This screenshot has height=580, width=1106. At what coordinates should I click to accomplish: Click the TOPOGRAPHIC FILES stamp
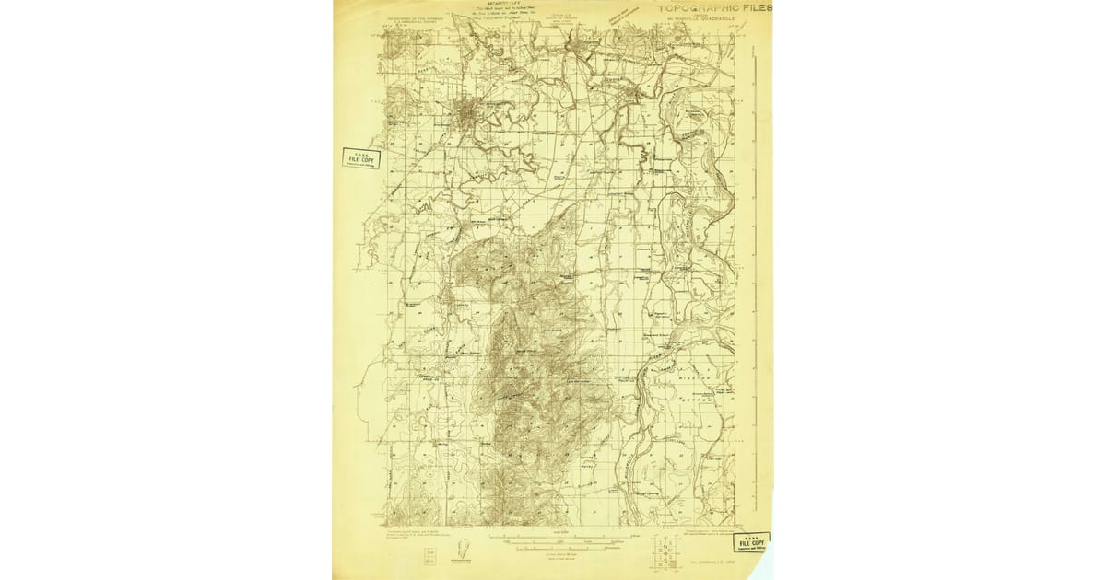715,7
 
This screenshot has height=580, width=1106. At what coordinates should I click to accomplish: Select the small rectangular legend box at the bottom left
429,555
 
